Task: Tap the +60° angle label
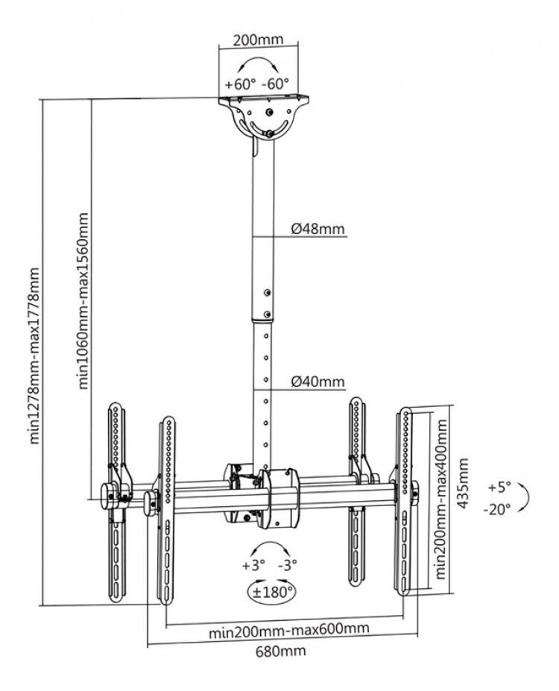240,84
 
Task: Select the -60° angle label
274,84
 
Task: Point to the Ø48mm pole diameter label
318,229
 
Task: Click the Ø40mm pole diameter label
318,382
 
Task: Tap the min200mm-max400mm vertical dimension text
441,499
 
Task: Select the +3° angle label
252,565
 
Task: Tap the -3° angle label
288,565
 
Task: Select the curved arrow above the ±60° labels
256,65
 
